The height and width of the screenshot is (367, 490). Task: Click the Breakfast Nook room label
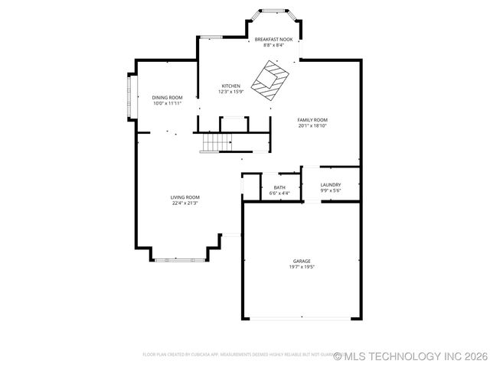(273, 39)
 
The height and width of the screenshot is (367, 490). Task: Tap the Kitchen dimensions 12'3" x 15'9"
(230, 92)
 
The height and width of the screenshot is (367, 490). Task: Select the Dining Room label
(167, 97)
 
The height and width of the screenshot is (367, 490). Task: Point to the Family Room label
(312, 120)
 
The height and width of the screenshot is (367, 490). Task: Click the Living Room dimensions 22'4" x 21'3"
(185, 203)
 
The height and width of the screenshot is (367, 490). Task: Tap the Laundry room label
(331, 185)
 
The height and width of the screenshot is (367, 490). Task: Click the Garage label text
(301, 261)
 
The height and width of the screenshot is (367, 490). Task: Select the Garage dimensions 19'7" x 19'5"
(301, 267)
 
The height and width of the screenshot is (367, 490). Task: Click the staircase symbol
(217, 142)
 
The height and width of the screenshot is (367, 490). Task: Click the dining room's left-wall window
(129, 96)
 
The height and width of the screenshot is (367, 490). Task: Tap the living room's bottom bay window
(180, 261)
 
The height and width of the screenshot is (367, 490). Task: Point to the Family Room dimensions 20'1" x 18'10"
(312, 126)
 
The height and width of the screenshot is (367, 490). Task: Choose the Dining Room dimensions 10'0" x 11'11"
(167, 103)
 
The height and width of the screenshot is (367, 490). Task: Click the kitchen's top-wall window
(211, 36)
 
